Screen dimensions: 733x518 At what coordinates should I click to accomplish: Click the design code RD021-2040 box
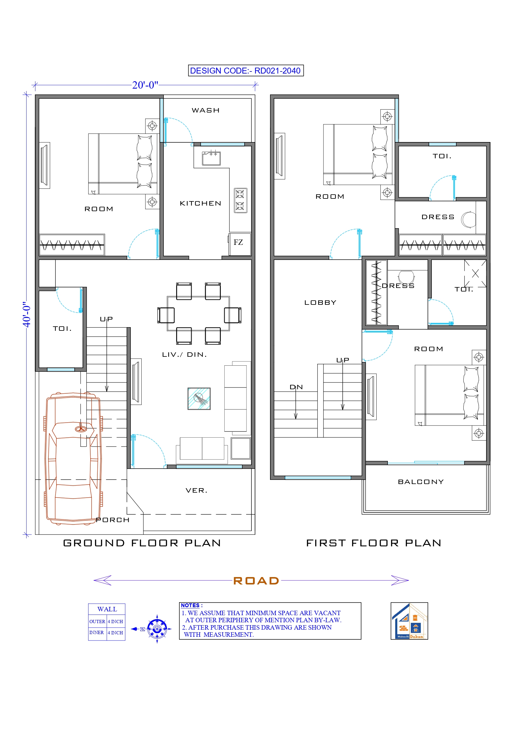tap(246, 71)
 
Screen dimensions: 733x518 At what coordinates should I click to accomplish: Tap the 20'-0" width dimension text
tap(145, 85)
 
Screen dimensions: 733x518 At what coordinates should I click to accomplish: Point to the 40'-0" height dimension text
tap(27, 314)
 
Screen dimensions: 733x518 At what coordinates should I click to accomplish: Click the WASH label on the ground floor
tap(205, 110)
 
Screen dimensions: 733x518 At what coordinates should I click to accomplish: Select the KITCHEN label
tap(200, 203)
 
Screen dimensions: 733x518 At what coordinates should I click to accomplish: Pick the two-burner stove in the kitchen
tap(240, 201)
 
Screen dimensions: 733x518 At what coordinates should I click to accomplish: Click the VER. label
tap(197, 490)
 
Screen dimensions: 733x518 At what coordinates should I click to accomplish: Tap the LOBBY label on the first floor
tap(320, 303)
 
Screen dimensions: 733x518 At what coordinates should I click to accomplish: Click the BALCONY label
tap(421, 482)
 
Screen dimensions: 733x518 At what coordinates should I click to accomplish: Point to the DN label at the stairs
tap(296, 387)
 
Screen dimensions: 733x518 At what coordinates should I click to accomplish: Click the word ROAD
tap(256, 581)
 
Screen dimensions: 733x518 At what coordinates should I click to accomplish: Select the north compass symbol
tap(157, 629)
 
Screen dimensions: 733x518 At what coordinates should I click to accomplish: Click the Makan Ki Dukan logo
tap(409, 621)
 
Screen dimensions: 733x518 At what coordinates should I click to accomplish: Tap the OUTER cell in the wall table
tap(97, 622)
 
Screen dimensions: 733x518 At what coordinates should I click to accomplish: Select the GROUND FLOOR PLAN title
tap(142, 543)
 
